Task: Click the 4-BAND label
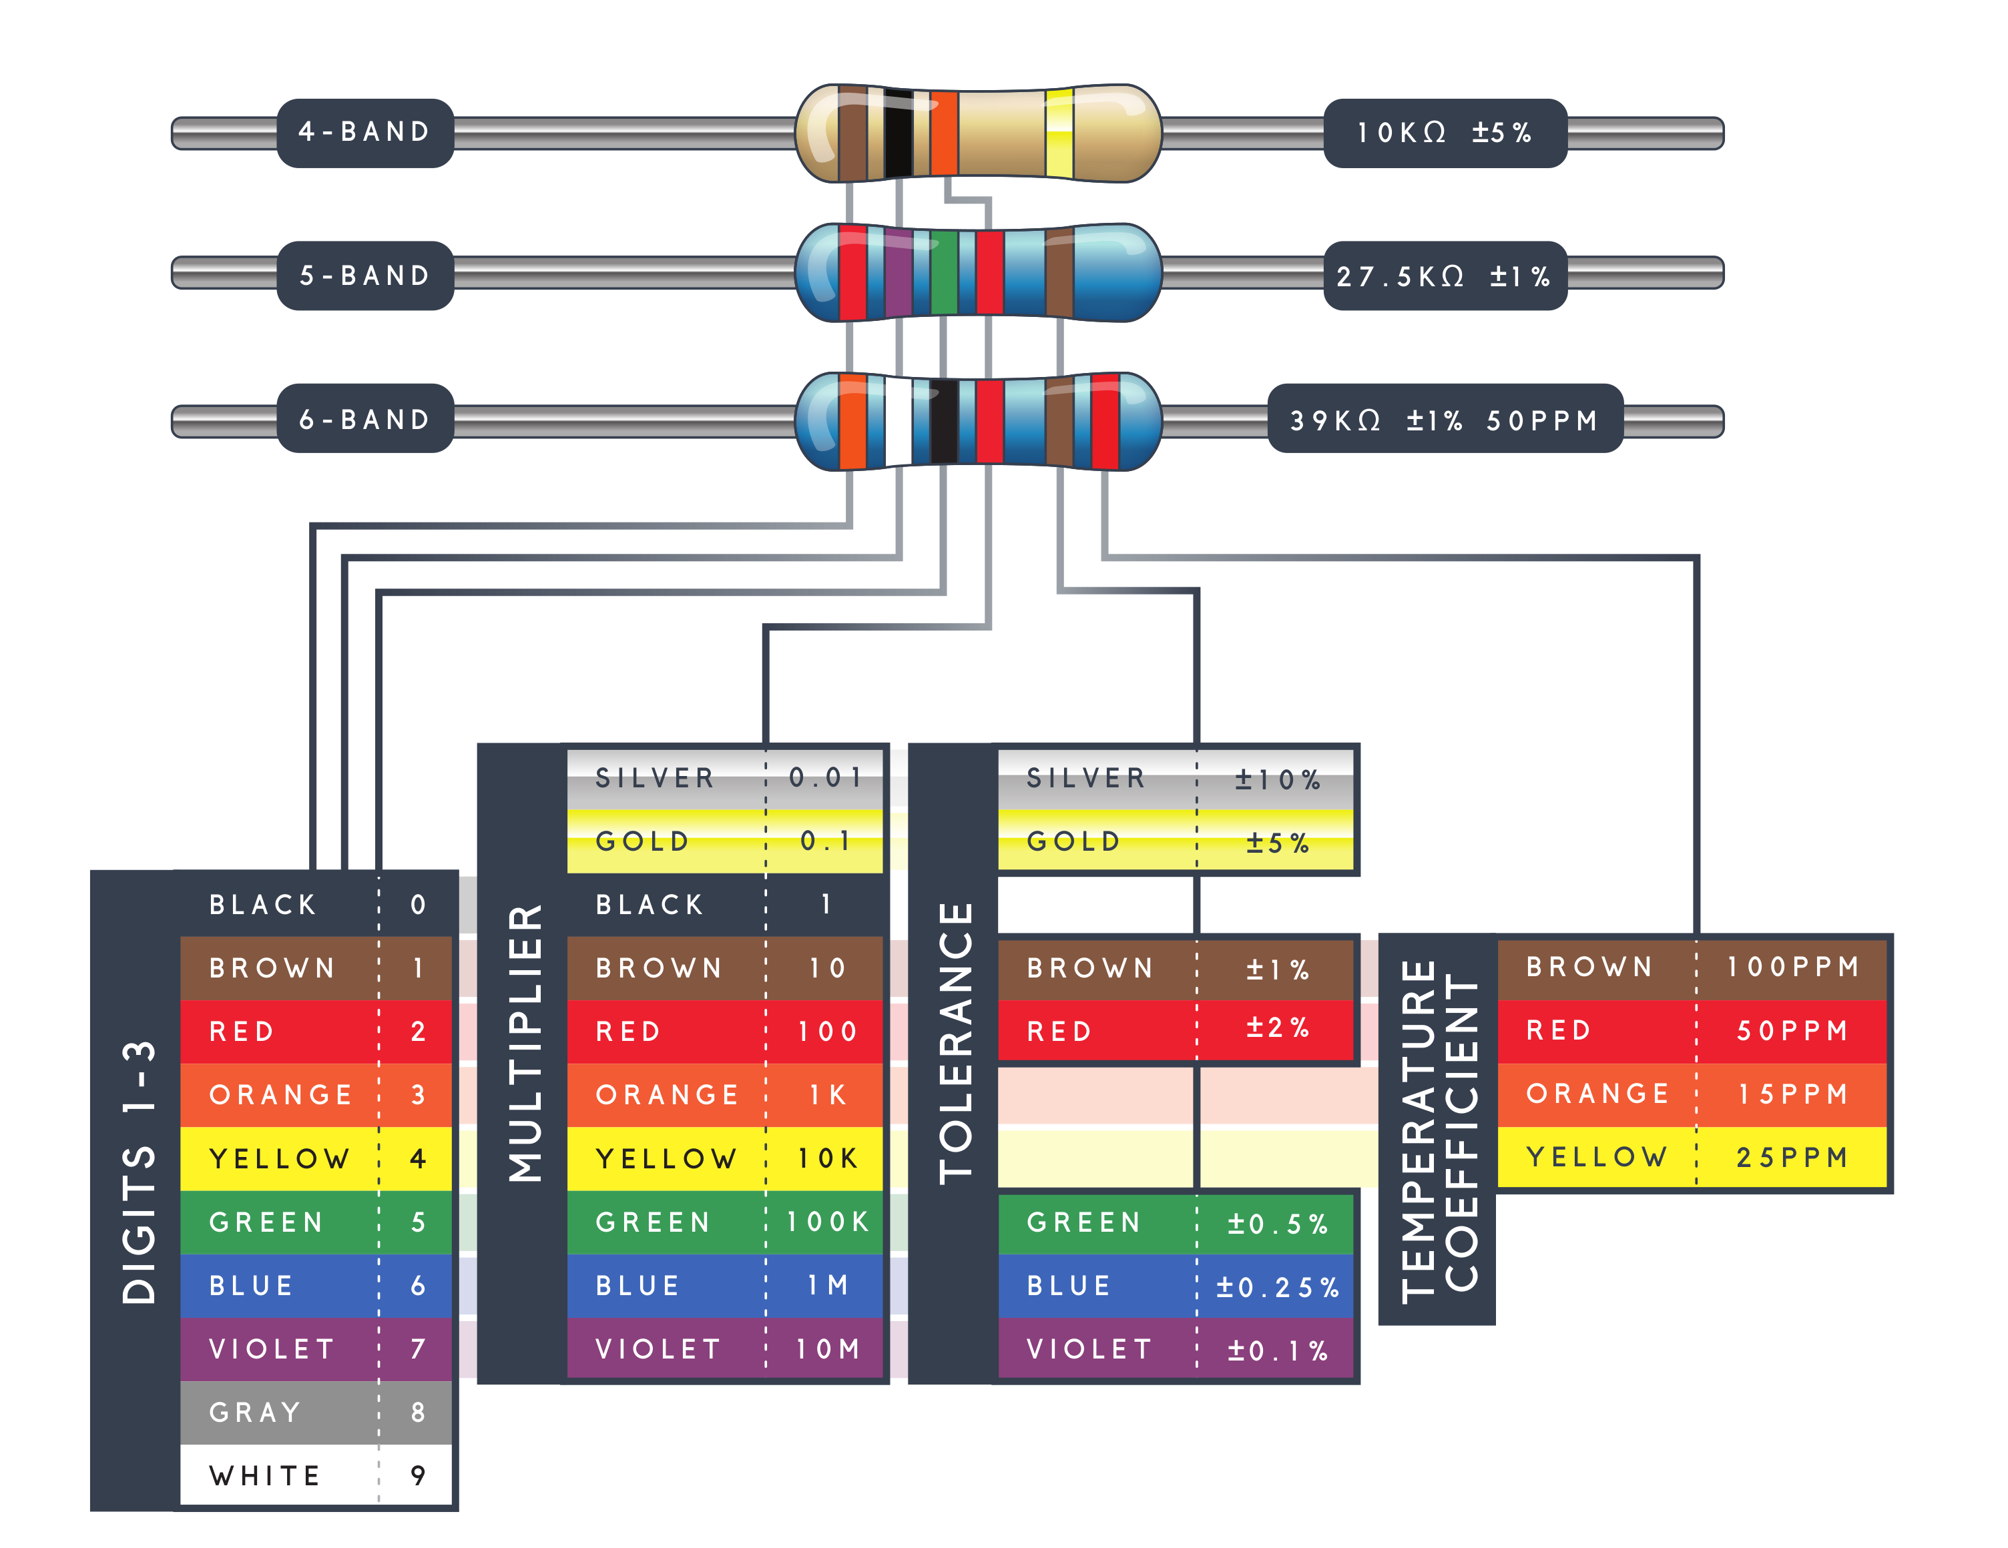point(365,132)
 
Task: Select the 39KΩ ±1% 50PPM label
point(1445,420)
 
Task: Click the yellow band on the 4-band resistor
point(1059,133)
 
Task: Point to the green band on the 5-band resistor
point(943,273)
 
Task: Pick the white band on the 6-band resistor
point(899,421)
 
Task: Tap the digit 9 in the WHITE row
point(419,1475)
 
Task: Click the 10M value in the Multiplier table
point(828,1348)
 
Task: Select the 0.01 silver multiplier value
point(826,778)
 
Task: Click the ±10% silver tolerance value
point(1277,779)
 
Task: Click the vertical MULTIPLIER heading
point(525,1044)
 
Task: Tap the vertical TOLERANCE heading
point(955,1044)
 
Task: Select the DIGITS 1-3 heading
point(139,1172)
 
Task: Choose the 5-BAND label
point(365,276)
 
